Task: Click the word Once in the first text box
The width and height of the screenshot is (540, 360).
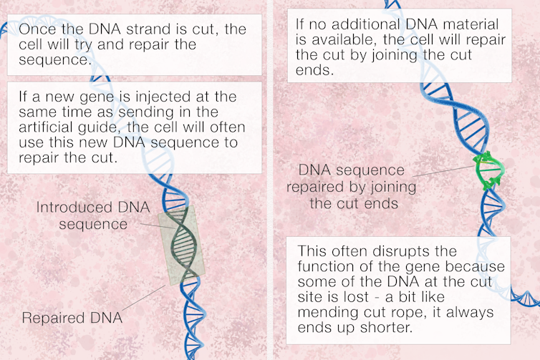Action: (x=37, y=29)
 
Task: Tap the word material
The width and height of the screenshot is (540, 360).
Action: (x=471, y=24)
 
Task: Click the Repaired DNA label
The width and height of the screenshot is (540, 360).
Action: (x=72, y=318)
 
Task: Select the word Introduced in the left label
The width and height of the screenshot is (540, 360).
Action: (x=74, y=207)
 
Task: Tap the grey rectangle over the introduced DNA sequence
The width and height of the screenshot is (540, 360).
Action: (x=181, y=245)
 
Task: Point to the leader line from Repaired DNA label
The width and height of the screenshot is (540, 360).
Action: (x=144, y=298)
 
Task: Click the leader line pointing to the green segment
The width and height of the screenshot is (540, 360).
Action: (x=443, y=171)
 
